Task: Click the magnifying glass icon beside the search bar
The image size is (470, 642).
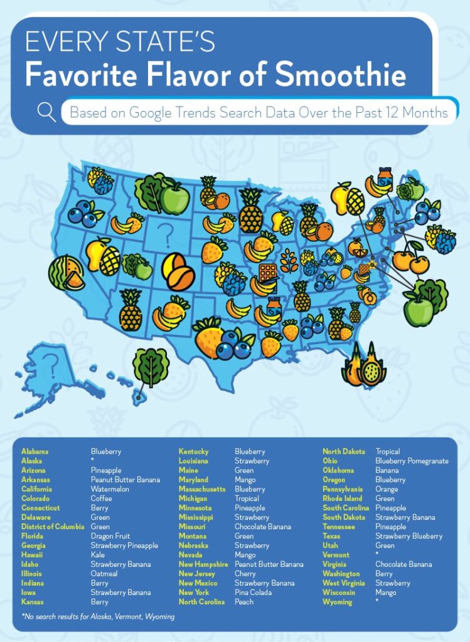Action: point(46,112)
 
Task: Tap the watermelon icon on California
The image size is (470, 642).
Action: point(67,273)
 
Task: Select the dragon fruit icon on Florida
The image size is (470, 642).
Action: point(364,364)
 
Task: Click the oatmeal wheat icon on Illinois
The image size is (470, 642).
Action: point(289,260)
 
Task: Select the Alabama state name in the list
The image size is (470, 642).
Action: point(35,451)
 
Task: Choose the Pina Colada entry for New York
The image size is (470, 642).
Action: point(254,592)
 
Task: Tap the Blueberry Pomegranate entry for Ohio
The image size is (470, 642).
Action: point(412,461)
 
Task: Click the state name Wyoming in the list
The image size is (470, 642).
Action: point(338,602)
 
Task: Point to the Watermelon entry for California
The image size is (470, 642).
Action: point(110,489)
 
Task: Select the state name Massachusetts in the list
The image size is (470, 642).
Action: point(202,489)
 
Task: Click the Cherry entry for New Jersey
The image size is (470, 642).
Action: point(245,574)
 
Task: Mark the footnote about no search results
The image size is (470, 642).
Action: point(98,616)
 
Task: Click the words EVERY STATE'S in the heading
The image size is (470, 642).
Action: point(119,43)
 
